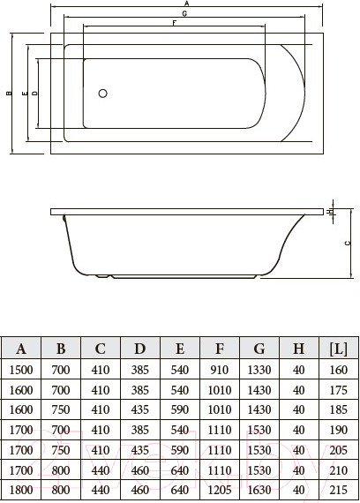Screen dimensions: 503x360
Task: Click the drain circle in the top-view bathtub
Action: click(x=102, y=93)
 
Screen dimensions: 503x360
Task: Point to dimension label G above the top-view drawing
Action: click(x=184, y=15)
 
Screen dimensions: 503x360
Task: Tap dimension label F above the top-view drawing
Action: click(x=174, y=24)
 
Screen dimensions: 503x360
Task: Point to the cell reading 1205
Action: click(x=219, y=489)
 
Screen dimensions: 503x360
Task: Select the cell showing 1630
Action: click(x=258, y=489)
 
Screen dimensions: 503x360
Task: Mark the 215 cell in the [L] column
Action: click(x=337, y=489)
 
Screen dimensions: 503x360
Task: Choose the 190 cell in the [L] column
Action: click(x=337, y=430)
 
